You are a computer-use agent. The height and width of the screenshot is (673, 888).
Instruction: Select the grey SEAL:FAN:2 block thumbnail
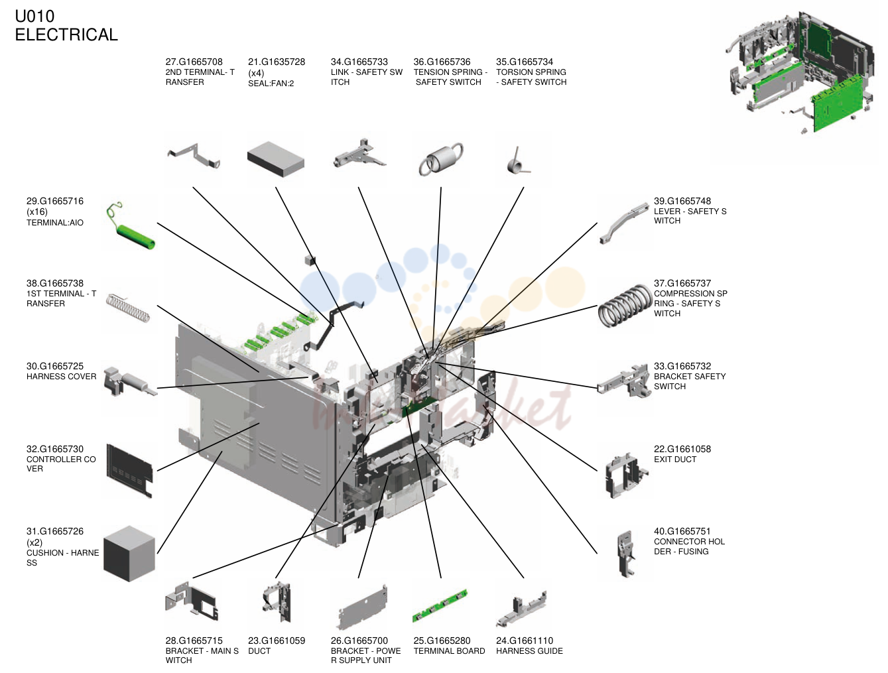[275, 159]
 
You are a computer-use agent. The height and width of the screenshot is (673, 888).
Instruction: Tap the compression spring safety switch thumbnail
[625, 306]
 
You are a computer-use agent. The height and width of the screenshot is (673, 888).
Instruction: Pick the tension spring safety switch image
[441, 159]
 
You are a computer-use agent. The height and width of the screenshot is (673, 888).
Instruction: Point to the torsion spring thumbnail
[517, 162]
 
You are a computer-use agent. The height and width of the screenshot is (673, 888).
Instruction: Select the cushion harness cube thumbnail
[129, 553]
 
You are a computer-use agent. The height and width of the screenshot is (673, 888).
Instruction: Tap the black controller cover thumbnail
[129, 471]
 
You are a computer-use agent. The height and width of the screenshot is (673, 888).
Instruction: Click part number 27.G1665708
[194, 62]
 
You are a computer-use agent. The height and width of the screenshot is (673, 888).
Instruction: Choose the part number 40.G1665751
[682, 531]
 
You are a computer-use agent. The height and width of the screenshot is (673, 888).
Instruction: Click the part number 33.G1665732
[682, 366]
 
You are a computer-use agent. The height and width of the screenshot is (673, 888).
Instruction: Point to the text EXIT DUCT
[675, 459]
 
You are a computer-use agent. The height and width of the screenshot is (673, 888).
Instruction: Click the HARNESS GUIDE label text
[529, 650]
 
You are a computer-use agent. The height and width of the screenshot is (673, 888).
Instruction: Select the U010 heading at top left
[34, 16]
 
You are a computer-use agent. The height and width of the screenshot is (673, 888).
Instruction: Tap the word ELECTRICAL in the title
[66, 34]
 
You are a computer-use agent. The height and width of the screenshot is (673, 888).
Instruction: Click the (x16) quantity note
[37, 212]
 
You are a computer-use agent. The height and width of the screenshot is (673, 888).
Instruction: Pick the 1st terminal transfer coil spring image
[128, 308]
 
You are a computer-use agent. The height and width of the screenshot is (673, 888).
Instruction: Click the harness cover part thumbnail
[129, 381]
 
